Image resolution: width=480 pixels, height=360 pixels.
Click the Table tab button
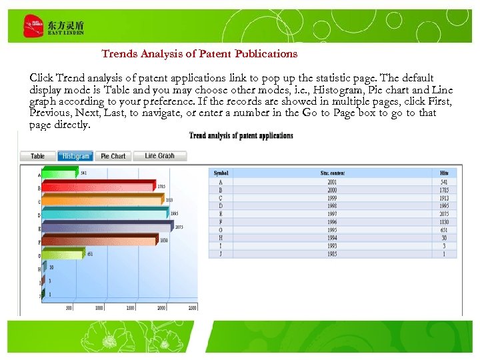pyautogui.click(x=38, y=156)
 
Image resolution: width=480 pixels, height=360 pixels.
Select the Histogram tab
pyautogui.click(x=75, y=156)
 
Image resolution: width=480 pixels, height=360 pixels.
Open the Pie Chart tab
pyautogui.click(x=113, y=156)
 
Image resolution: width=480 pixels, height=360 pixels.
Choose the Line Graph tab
pyautogui.click(x=159, y=156)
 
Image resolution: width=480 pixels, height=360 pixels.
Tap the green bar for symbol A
pyautogui.click(x=60, y=174)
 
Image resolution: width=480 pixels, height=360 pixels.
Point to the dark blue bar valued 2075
pyautogui.click(x=107, y=227)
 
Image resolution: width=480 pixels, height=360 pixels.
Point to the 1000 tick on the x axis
pyautogui.click(x=99, y=307)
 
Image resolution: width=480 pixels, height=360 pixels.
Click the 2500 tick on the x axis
pyautogui.click(x=192, y=307)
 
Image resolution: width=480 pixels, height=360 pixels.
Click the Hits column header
pyautogui.click(x=444, y=173)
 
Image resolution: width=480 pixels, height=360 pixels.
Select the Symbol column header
pyautogui.click(x=221, y=173)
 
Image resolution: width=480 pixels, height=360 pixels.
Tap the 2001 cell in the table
pyautogui.click(x=332, y=182)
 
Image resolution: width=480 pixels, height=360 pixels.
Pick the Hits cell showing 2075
pyautogui.click(x=444, y=214)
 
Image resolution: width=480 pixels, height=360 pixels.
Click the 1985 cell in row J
pyautogui.click(x=332, y=254)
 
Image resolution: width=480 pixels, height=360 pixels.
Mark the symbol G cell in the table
pyautogui.click(x=221, y=230)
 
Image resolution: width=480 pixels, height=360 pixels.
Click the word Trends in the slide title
pyautogui.click(x=119, y=53)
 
